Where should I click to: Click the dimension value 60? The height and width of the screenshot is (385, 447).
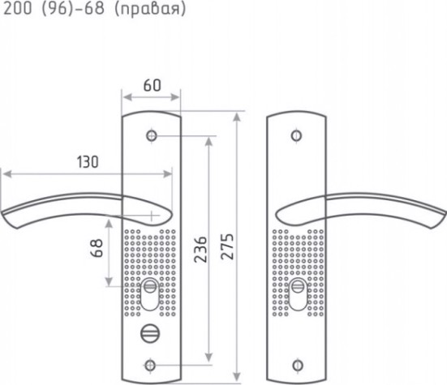(x=153, y=85)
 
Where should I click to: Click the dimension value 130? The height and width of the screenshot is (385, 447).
(x=88, y=162)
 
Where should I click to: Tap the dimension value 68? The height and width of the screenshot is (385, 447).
(x=97, y=248)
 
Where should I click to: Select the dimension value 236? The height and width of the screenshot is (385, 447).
(x=200, y=249)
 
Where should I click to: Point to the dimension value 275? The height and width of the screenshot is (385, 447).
(x=227, y=246)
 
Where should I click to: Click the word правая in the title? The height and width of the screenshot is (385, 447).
(x=150, y=9)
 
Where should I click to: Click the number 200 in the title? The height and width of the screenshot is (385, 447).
(x=17, y=8)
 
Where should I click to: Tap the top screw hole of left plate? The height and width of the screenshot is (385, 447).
(x=152, y=136)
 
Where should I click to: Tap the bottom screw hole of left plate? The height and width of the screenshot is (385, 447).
(x=150, y=365)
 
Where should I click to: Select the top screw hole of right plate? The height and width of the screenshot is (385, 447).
(x=296, y=135)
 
